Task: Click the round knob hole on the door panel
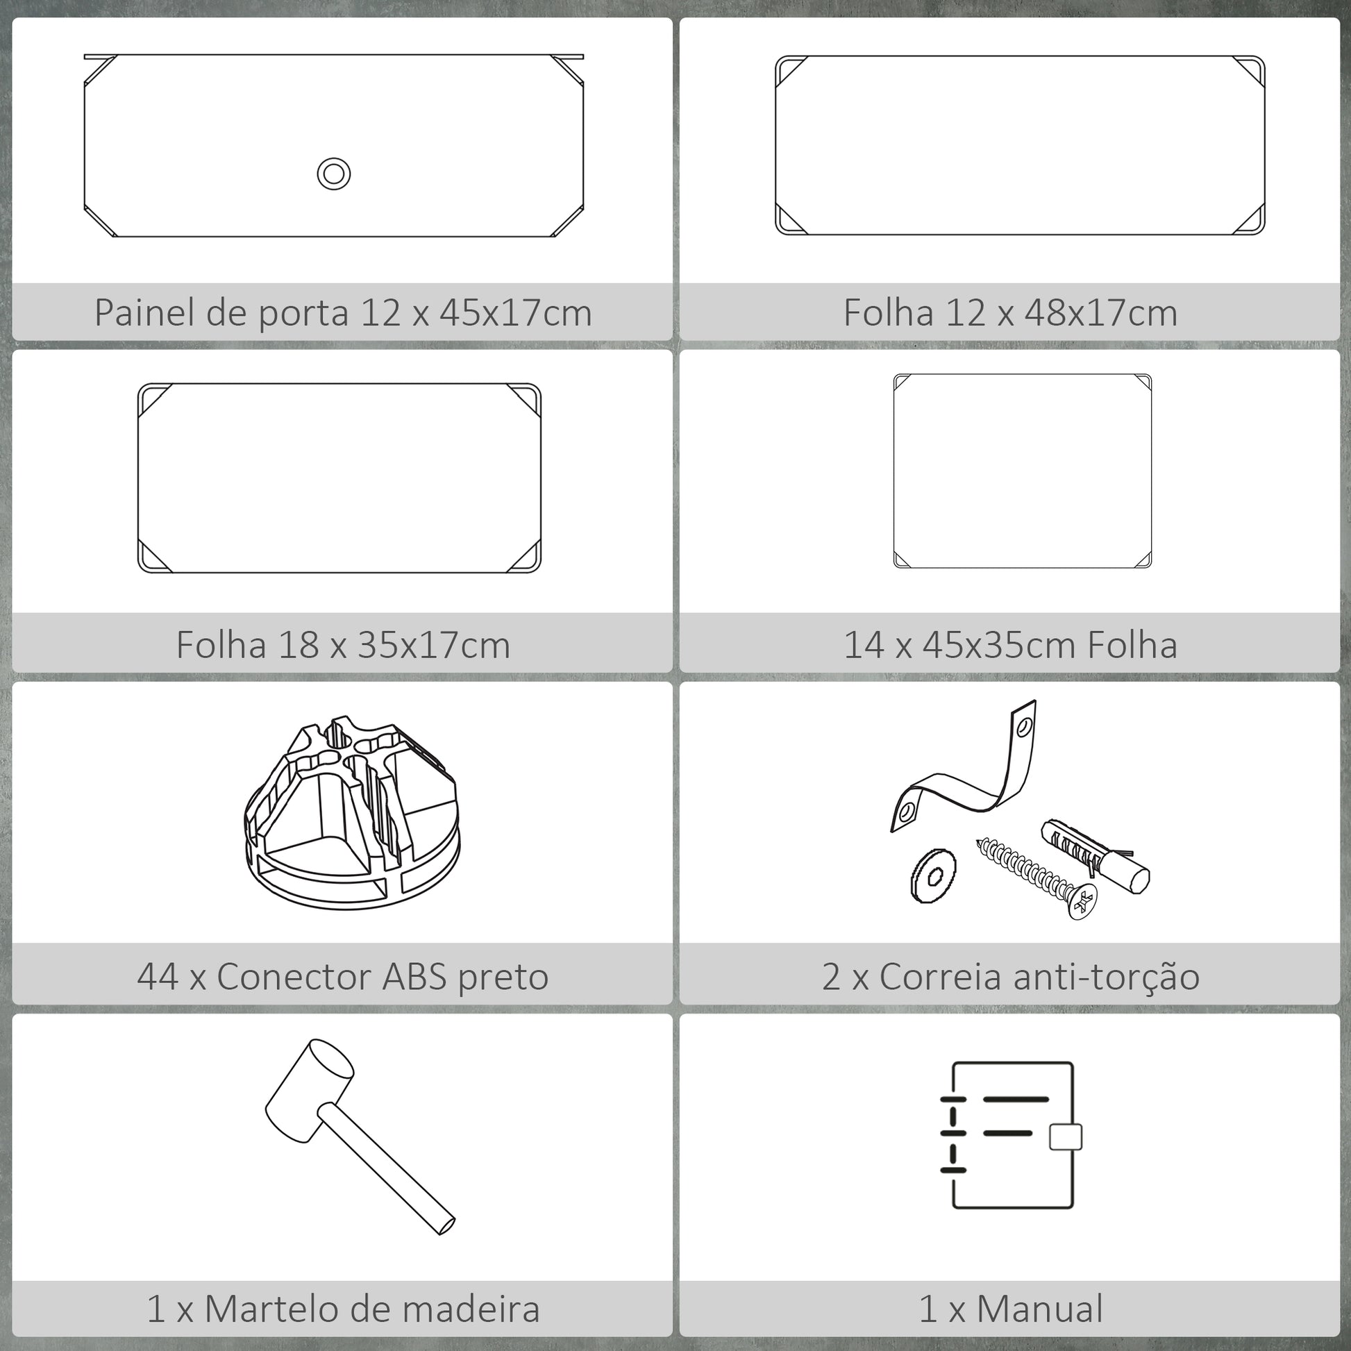tap(333, 174)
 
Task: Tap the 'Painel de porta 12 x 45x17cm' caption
tap(344, 312)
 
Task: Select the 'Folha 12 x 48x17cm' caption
tap(1010, 312)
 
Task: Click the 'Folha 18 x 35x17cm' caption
tap(344, 645)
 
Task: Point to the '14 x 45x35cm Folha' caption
tap(1010, 645)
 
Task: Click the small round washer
tap(934, 875)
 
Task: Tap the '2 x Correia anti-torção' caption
tap(1010, 977)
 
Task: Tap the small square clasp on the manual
tap(1066, 1136)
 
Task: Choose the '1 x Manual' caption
tap(1010, 1309)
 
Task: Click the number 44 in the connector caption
tap(158, 977)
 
